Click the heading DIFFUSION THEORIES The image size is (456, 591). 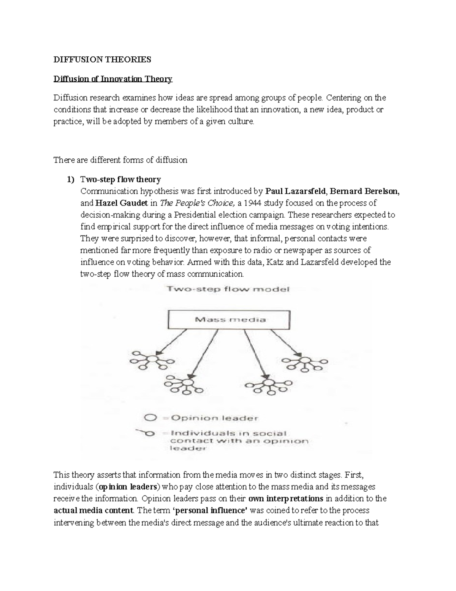click(x=102, y=59)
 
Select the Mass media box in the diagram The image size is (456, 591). click(x=230, y=319)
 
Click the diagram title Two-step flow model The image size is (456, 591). click(x=228, y=289)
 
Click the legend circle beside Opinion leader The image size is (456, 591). click(x=150, y=417)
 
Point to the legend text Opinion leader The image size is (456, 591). click(x=214, y=418)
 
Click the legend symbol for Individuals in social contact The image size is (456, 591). click(x=146, y=433)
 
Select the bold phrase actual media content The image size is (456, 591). click(x=93, y=510)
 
